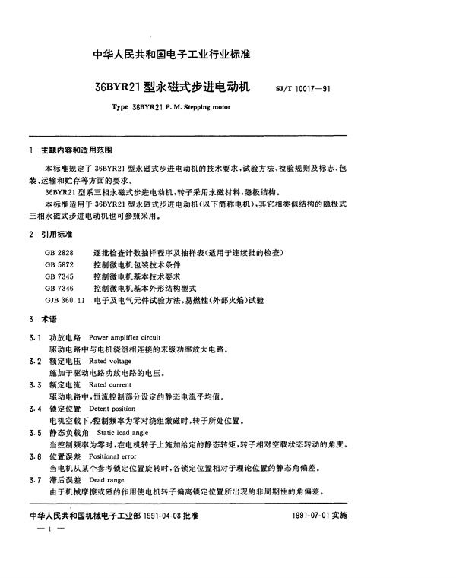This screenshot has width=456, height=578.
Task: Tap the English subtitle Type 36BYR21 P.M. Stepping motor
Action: (170, 108)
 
